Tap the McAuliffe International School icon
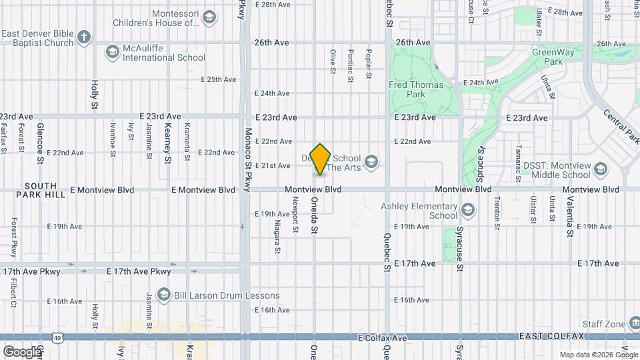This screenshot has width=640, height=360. [x=112, y=51]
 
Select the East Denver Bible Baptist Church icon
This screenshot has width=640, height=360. [x=84, y=37]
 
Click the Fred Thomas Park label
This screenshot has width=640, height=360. [x=407, y=89]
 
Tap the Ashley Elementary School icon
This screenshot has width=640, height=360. [x=468, y=211]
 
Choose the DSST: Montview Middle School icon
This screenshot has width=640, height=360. [x=601, y=169]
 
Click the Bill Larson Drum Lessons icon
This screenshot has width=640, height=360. [x=163, y=295]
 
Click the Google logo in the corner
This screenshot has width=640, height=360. [x=21, y=351]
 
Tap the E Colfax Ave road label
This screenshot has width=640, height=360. [x=382, y=339]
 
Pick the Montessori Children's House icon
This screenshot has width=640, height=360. [x=209, y=17]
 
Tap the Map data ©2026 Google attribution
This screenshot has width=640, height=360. [x=598, y=355]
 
